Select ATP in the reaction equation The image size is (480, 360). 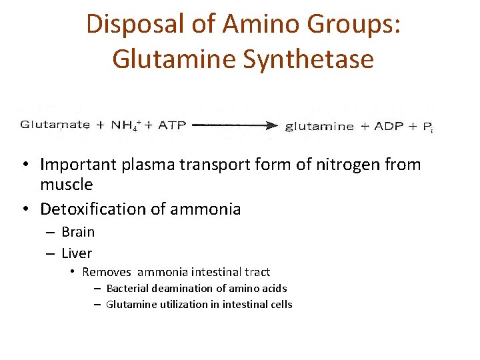click(172, 125)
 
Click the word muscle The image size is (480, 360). click(66, 184)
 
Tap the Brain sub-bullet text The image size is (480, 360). click(78, 232)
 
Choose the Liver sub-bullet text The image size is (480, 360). click(77, 253)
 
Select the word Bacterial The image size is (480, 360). click(127, 289)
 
